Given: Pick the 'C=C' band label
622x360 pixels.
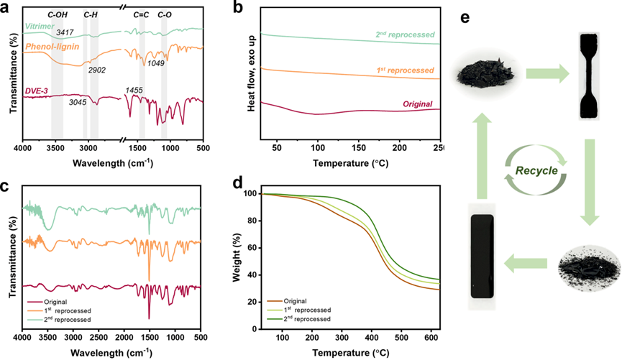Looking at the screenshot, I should click(142, 14).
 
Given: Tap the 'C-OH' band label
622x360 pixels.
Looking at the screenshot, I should click(59, 14).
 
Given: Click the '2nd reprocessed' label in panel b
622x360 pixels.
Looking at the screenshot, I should click(405, 34).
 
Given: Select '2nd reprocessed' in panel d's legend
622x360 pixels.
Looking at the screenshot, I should click(308, 318).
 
